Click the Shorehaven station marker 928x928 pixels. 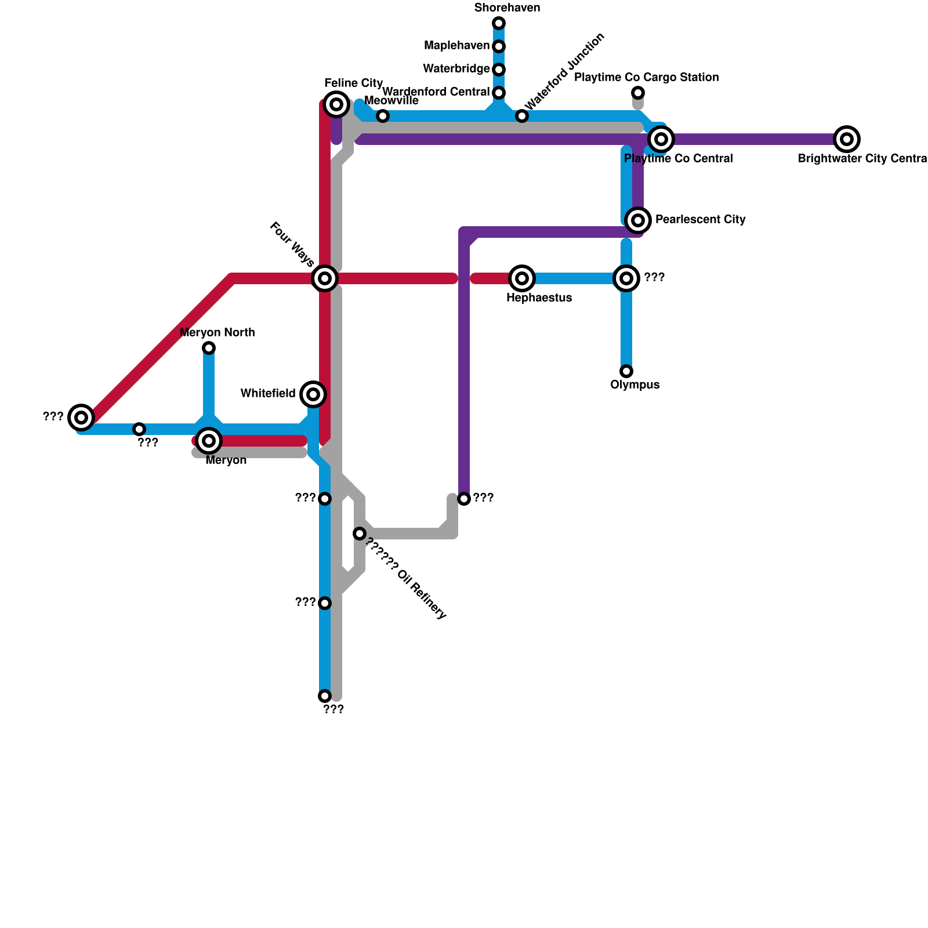click(x=499, y=23)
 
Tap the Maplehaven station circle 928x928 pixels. click(x=499, y=46)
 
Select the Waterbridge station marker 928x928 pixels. click(x=499, y=70)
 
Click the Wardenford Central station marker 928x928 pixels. click(x=499, y=93)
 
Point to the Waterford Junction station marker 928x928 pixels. click(x=522, y=116)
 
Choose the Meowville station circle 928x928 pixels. click(x=383, y=116)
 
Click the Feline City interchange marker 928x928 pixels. click(x=336, y=104)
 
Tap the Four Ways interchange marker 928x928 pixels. click(x=325, y=278)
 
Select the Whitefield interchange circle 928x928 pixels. click(x=313, y=394)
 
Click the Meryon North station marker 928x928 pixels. click(x=209, y=348)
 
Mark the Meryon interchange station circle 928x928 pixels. click(x=209, y=441)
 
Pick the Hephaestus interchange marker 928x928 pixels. click(x=522, y=278)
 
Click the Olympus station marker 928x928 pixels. click(x=626, y=371)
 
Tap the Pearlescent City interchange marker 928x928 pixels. click(x=638, y=220)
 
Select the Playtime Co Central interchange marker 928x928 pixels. click(x=661, y=139)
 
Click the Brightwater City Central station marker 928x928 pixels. click(x=847, y=139)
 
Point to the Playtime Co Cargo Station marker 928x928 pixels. click(x=638, y=93)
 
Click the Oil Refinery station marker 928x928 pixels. click(x=360, y=534)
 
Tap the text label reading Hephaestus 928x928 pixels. click(x=539, y=298)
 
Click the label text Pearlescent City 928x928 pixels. click(x=700, y=220)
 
